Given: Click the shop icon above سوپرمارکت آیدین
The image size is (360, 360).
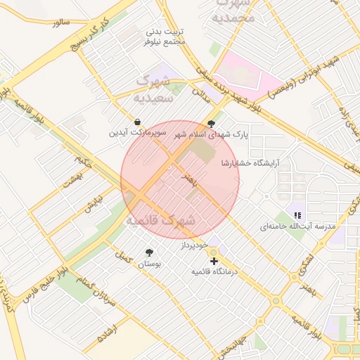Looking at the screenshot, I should pyautogui.click(x=136, y=120).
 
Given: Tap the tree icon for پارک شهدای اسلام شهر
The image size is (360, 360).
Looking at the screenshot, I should pyautogui.click(x=212, y=123).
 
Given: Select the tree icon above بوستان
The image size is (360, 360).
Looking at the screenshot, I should pyautogui.click(x=148, y=252).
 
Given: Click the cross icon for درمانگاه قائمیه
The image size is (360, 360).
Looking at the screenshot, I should pyautogui.click(x=214, y=261).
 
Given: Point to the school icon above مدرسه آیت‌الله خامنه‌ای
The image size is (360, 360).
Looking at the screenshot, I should pyautogui.click(x=297, y=215).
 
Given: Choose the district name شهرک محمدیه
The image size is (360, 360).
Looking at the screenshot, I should pyautogui.click(x=233, y=11).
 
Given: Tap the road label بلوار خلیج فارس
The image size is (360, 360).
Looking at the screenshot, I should pyautogui.click(x=44, y=281).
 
